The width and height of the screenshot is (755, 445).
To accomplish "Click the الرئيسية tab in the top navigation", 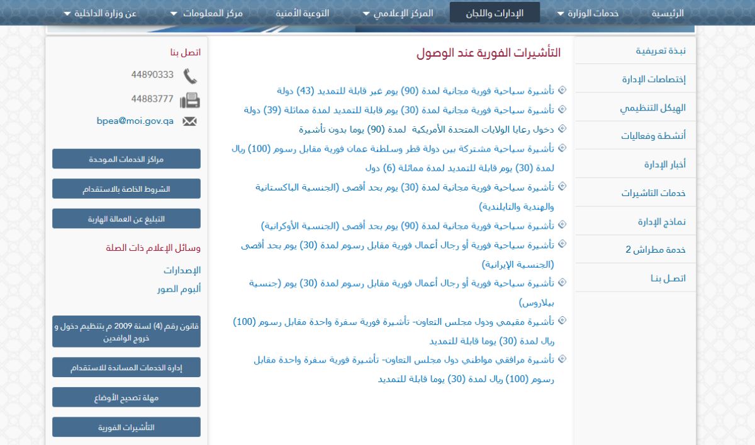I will pyautogui.click(x=668, y=13).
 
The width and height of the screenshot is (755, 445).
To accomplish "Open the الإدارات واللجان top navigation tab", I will pyautogui.click(x=495, y=13).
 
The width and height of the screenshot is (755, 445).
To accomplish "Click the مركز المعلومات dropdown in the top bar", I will pyautogui.click(x=201, y=13).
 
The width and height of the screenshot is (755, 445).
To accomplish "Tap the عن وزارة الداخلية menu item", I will pyautogui.click(x=101, y=13).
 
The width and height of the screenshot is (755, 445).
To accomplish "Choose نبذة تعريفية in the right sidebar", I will pyautogui.click(x=661, y=51).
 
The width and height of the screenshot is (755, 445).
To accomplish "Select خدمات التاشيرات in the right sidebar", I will pyautogui.click(x=654, y=193).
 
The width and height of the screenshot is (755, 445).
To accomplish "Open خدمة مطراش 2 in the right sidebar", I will pyautogui.click(x=656, y=250).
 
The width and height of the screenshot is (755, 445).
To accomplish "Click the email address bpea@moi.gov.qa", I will pyautogui.click(x=135, y=121).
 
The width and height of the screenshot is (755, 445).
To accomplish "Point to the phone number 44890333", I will pyautogui.click(x=152, y=75).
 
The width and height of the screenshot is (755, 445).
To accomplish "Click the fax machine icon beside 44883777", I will pyautogui.click(x=189, y=100).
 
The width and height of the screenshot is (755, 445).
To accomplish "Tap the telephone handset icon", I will pyautogui.click(x=190, y=76).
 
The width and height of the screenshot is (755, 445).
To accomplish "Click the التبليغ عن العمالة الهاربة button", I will pyautogui.click(x=126, y=219).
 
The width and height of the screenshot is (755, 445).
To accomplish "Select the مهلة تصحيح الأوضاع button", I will pyautogui.click(x=126, y=397).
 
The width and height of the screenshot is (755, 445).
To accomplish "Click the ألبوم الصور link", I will pyautogui.click(x=179, y=289).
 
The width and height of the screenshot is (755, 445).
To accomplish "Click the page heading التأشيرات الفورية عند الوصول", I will pyautogui.click(x=488, y=53).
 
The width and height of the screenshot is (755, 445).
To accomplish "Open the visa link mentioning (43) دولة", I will pyautogui.click(x=416, y=91).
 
